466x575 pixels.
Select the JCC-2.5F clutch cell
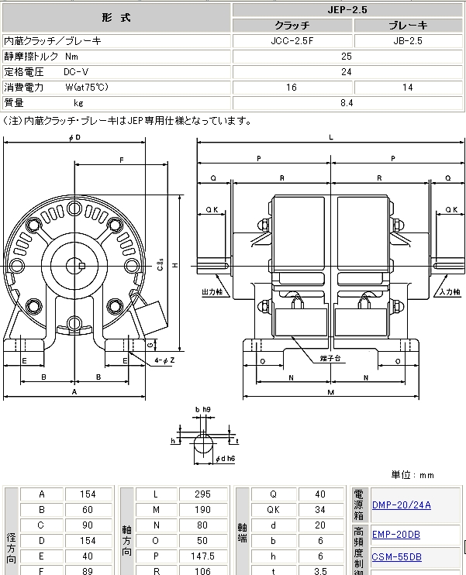point(292,40)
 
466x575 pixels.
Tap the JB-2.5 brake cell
point(407,40)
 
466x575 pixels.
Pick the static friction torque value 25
point(347,56)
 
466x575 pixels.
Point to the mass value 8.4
point(347,102)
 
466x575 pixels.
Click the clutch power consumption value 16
point(292,87)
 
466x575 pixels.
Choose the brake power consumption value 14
point(407,87)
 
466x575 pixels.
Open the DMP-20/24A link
point(401,505)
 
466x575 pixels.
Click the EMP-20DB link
point(396,534)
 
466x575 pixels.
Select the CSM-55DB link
point(396,556)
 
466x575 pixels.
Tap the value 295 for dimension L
point(202,494)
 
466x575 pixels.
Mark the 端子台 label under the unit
point(333,360)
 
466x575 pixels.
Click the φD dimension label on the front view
point(74,137)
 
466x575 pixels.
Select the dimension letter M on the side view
point(331,392)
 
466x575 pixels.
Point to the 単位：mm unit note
point(413,474)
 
